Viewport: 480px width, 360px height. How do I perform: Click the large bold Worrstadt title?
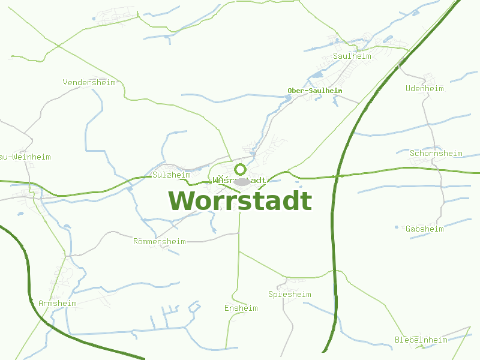pyautogui.click(x=240, y=201)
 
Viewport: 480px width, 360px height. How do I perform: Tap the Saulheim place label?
pyautogui.click(x=352, y=56)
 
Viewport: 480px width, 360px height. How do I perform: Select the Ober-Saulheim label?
pyautogui.click(x=315, y=91)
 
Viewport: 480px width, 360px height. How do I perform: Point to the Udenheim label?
pyautogui.click(x=425, y=88)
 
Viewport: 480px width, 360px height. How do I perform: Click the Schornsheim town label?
pyautogui.click(x=436, y=153)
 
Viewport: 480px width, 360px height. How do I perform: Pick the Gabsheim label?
pyautogui.click(x=425, y=229)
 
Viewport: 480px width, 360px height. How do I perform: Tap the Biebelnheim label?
pyautogui.click(x=421, y=340)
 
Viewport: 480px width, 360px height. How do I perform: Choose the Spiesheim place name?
pyautogui.click(x=290, y=294)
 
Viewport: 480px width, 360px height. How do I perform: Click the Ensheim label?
pyautogui.click(x=241, y=308)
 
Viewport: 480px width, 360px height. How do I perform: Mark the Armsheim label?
pyautogui.click(x=58, y=303)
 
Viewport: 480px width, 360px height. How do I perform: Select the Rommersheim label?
pyautogui.click(x=160, y=241)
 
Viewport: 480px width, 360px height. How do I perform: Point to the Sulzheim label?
pyautogui.click(x=172, y=175)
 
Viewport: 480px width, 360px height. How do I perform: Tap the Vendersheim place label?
pyautogui.click(x=89, y=82)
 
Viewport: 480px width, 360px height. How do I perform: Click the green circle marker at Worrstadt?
pyautogui.click(x=241, y=169)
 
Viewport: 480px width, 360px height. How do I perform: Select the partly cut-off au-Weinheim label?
pyautogui.click(x=26, y=157)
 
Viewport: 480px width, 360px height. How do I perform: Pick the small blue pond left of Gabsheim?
pyautogui.click(x=397, y=227)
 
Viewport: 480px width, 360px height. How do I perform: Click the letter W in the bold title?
pyautogui.click(x=182, y=201)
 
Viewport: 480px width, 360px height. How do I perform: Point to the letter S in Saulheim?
pyautogui.click(x=335, y=56)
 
